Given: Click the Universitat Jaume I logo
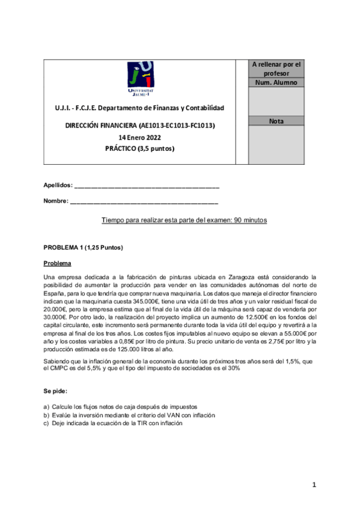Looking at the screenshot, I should pyautogui.click(x=141, y=78).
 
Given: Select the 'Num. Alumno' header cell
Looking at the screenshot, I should pyautogui.click(x=276, y=82).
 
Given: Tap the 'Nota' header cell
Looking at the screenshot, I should pyautogui.click(x=276, y=121).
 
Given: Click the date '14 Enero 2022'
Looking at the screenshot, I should pyautogui.click(x=139, y=137).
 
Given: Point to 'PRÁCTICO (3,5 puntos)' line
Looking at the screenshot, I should pyautogui.click(x=139, y=149).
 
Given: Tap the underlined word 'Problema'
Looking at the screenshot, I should pyautogui.click(x=57, y=263).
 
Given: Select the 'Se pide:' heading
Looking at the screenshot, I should pyautogui.click(x=55, y=392).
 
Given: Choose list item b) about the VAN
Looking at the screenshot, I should pyautogui.click(x=129, y=415).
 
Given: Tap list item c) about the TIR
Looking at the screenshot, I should pyautogui.click(x=113, y=423).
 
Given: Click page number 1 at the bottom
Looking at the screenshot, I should pyautogui.click(x=314, y=485).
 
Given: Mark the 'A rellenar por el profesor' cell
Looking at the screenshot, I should pyautogui.click(x=276, y=69).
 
